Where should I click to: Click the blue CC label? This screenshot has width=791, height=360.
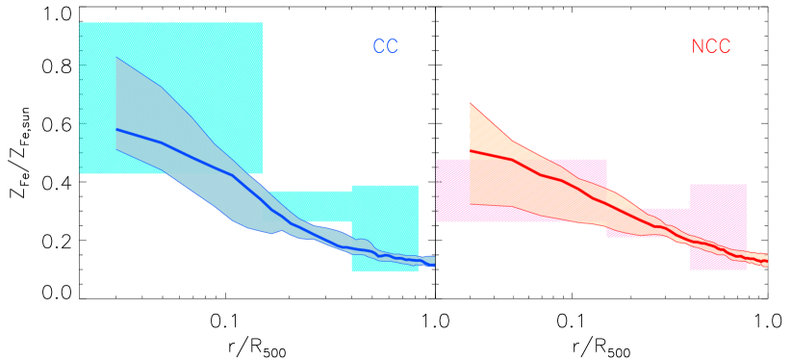click(x=385, y=47)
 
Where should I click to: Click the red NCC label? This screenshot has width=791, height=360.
click(x=711, y=47)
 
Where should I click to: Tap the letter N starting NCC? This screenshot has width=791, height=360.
click(x=698, y=47)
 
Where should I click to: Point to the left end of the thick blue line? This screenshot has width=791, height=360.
click(x=115, y=129)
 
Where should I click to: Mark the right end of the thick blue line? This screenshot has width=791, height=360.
click(x=434, y=265)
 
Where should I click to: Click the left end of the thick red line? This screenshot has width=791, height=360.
click(x=470, y=151)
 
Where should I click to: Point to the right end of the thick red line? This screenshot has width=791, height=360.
click(x=767, y=264)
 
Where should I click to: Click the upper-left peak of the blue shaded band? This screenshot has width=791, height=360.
click(x=115, y=58)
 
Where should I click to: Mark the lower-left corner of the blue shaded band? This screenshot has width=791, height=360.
click(x=115, y=149)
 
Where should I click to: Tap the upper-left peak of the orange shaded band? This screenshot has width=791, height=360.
click(x=470, y=103)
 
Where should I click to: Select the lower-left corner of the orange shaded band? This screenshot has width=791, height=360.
click(x=470, y=203)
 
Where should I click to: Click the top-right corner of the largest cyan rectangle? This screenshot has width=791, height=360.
click(x=263, y=22)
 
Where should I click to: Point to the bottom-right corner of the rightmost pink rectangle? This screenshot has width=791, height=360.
click(x=747, y=270)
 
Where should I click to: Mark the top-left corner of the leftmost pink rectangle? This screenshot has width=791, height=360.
click(x=436, y=160)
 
